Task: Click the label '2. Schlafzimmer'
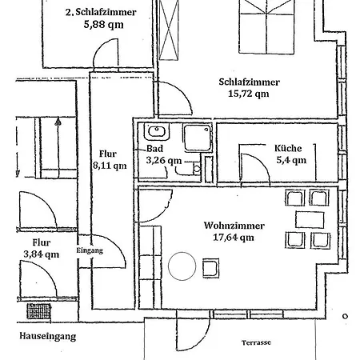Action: pyautogui.click(x=99, y=12)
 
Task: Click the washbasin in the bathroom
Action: pyautogui.click(x=154, y=133)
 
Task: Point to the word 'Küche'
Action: pyautogui.click(x=287, y=148)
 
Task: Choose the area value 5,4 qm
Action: pyautogui.click(x=290, y=160)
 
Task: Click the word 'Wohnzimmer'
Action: pyautogui.click(x=234, y=226)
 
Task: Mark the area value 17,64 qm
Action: pyautogui.click(x=234, y=237)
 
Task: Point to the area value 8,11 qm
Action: pyautogui.click(x=110, y=166)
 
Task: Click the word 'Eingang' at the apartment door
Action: pyautogui.click(x=90, y=250)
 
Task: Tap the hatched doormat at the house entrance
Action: pyautogui.click(x=38, y=311)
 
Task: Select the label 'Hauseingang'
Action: pyautogui.click(x=49, y=337)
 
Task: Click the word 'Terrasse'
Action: pyautogui.click(x=256, y=342)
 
